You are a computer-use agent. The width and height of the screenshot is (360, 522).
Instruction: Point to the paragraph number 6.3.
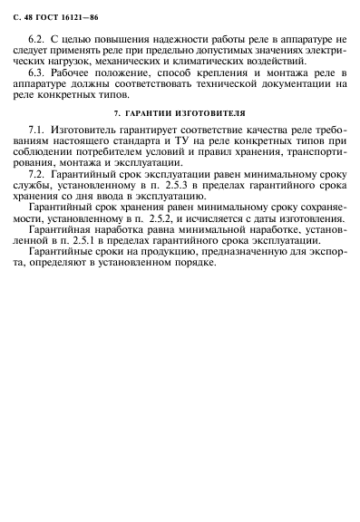[38, 72]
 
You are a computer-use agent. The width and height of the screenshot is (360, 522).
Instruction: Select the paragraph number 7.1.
[38, 131]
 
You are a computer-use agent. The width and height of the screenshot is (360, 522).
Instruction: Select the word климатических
[217, 61]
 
